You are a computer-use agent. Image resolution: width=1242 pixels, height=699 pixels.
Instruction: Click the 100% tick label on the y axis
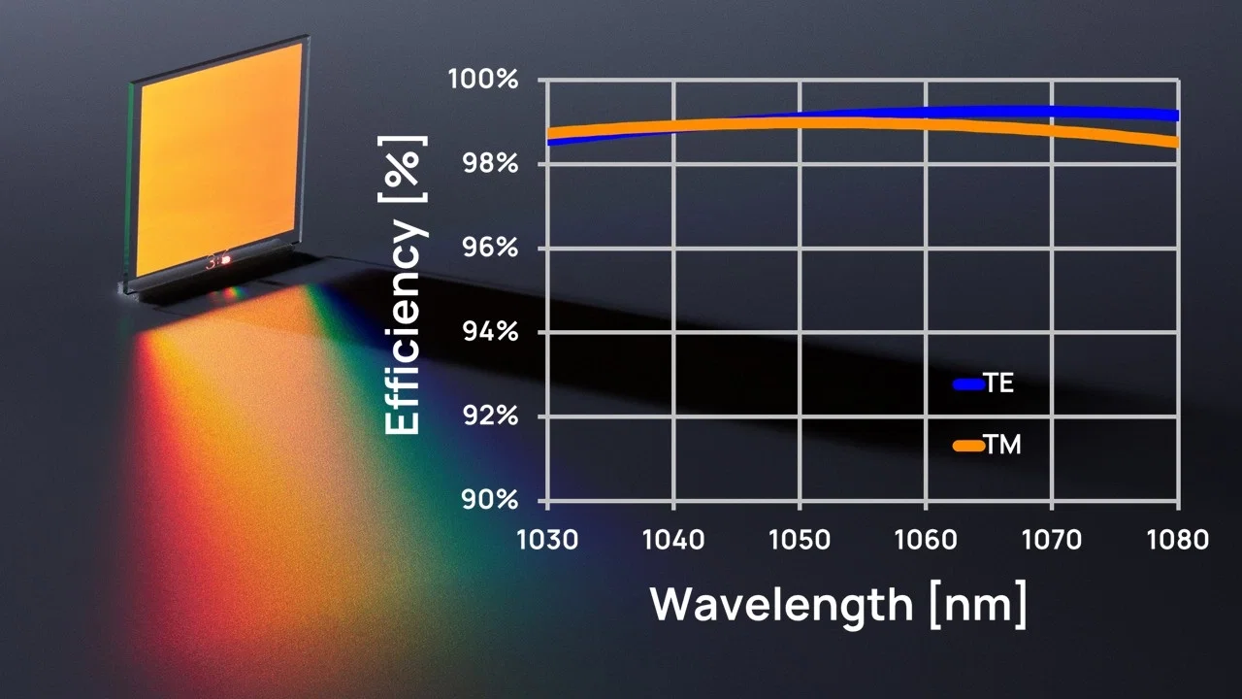[x=483, y=80]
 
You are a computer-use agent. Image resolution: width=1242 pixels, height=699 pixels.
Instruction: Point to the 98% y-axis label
[x=490, y=164]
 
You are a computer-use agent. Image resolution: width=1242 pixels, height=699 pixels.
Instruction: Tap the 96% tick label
[x=490, y=248]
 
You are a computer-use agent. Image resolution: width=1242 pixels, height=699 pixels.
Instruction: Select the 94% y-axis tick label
[x=490, y=332]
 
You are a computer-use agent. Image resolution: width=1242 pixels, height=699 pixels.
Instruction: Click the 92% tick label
[x=490, y=416]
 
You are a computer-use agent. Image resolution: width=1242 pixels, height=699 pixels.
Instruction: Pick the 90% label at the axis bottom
[x=490, y=500]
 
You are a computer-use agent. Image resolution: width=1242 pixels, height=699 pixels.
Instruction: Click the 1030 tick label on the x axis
[x=547, y=540]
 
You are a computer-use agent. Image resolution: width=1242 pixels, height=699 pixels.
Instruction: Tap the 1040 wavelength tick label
[x=673, y=540]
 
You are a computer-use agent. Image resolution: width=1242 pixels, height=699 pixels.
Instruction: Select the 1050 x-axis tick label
[x=800, y=540]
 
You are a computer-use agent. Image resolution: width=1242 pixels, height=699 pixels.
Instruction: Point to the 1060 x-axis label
[x=926, y=540]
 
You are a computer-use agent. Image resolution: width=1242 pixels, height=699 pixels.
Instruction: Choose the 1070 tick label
[x=1052, y=540]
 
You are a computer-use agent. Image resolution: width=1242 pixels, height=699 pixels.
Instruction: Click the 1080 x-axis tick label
[x=1178, y=540]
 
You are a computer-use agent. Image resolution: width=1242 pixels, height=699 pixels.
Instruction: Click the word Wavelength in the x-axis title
[x=782, y=606]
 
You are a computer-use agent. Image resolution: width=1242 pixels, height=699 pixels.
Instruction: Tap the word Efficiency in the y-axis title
[x=403, y=326]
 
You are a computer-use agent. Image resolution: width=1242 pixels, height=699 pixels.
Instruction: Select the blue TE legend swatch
[x=968, y=383]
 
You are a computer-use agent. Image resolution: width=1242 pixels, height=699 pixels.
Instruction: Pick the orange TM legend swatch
[x=968, y=446]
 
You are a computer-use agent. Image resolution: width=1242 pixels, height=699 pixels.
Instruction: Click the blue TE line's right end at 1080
[x=1177, y=116]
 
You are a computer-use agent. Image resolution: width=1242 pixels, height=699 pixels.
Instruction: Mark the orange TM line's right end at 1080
[x=1177, y=143]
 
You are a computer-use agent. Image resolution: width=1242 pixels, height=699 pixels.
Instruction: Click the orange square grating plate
[x=219, y=160]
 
